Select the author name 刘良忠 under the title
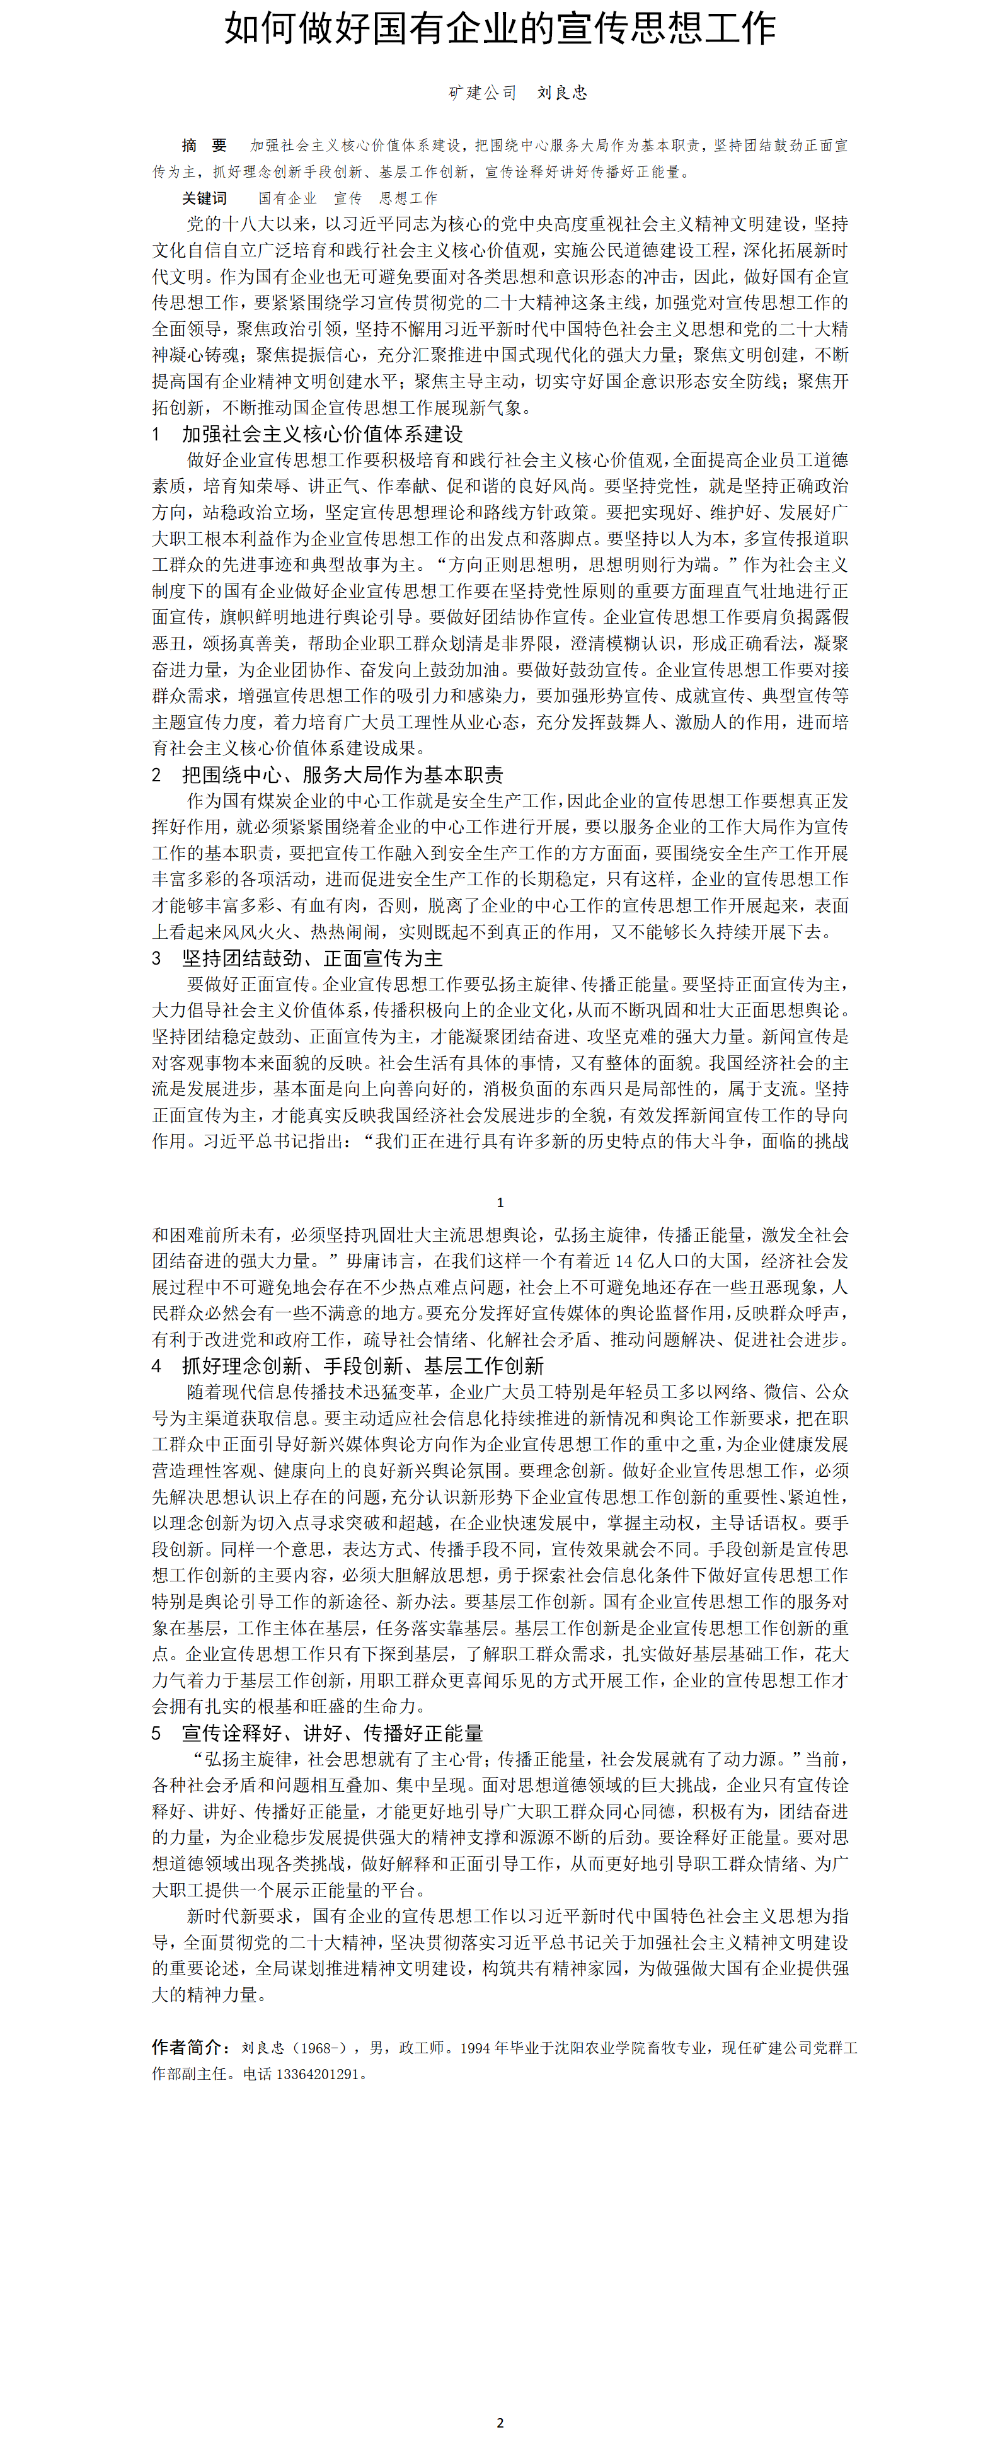pyautogui.click(x=562, y=93)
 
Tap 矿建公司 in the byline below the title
pyautogui.click(x=483, y=93)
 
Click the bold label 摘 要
pyautogui.click(x=204, y=146)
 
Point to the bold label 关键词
pyautogui.click(x=204, y=198)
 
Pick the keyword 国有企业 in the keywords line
pyautogui.click(x=287, y=198)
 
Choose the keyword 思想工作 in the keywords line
pyautogui.click(x=409, y=198)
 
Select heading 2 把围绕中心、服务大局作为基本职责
pyautogui.click(x=343, y=775)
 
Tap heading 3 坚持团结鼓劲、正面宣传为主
pyautogui.click(x=312, y=958)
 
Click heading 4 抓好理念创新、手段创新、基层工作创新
pyautogui.click(x=362, y=1366)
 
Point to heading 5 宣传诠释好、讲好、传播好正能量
pyautogui.click(x=332, y=1733)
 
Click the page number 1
pyautogui.click(x=500, y=1202)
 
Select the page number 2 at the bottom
pyautogui.click(x=500, y=2423)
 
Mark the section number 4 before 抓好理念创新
pyautogui.click(x=156, y=1366)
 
